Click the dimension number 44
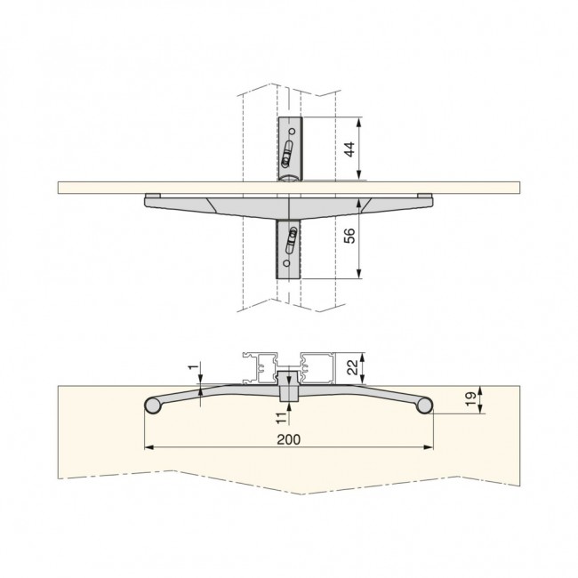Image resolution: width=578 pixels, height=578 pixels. point(349,149)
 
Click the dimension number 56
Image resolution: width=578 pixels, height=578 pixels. point(349,237)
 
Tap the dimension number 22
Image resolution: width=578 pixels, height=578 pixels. point(351,365)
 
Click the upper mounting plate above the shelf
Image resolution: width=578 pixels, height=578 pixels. point(291,148)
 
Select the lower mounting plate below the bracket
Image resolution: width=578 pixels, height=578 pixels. point(291,249)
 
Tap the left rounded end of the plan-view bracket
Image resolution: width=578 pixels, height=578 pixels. point(151,406)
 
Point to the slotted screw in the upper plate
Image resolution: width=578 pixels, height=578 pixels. point(287,157)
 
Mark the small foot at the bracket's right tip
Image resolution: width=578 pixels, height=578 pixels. point(425,196)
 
